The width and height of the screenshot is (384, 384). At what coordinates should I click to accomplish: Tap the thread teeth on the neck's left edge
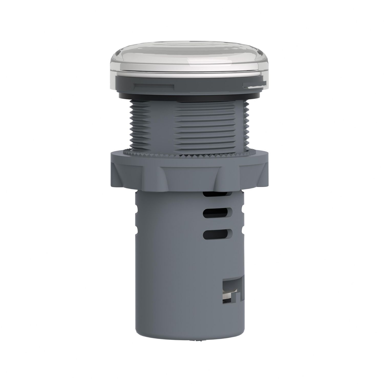tap(132, 123)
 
